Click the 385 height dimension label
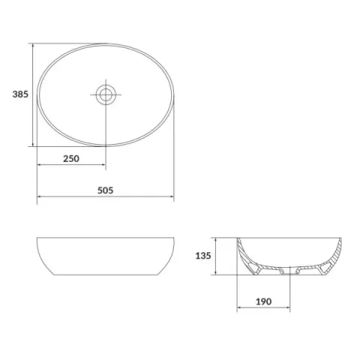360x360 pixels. click(x=20, y=94)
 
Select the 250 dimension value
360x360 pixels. click(x=71, y=158)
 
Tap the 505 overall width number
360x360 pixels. click(x=105, y=190)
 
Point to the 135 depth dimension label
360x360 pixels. click(x=203, y=256)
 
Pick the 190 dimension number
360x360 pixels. click(x=263, y=301)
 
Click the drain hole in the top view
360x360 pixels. click(x=106, y=94)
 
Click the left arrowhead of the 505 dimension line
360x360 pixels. click(x=40, y=196)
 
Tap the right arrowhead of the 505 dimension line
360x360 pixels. click(x=171, y=196)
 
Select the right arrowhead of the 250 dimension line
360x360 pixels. click(x=103, y=164)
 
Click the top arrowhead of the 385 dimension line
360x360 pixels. click(x=33, y=46)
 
